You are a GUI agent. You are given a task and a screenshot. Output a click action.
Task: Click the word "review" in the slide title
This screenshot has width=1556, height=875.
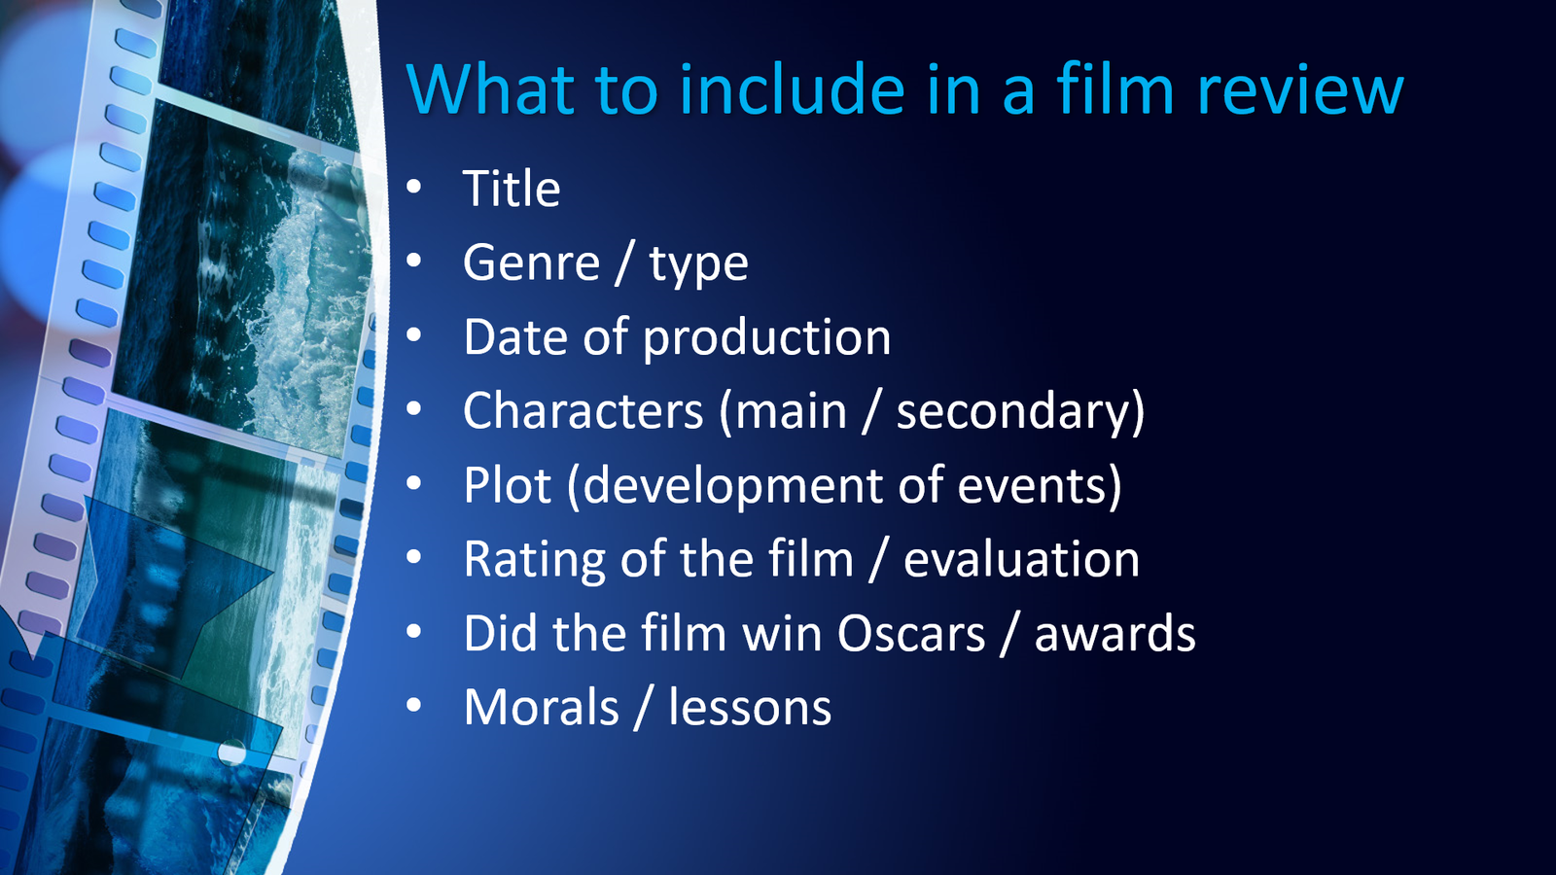(x=1300, y=90)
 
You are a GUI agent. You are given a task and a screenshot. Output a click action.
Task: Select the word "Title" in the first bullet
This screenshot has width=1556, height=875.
(x=512, y=189)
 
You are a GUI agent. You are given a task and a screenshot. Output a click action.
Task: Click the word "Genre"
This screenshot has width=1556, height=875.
(x=531, y=263)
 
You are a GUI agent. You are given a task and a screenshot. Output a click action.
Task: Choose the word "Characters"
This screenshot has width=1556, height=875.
(x=583, y=410)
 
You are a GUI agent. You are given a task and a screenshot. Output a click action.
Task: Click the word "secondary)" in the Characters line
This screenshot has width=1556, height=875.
(x=1020, y=412)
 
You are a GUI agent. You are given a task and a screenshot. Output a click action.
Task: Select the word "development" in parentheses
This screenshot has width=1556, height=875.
(x=725, y=487)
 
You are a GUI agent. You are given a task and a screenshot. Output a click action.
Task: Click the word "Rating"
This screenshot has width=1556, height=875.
(x=535, y=561)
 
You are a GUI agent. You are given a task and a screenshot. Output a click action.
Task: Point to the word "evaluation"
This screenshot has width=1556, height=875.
(x=1021, y=559)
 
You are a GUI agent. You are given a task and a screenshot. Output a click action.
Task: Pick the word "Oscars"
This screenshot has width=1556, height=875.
(x=911, y=633)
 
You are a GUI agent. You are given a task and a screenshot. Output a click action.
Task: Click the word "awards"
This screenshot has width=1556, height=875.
(x=1114, y=633)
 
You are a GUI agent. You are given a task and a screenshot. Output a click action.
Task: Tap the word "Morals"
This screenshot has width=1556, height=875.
(x=541, y=707)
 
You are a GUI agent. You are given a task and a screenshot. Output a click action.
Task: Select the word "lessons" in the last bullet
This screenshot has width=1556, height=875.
(x=750, y=707)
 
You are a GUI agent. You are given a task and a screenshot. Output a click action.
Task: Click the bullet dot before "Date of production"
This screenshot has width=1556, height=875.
(x=414, y=335)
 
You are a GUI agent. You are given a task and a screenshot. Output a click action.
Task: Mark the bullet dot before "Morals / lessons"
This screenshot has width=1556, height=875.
(x=414, y=706)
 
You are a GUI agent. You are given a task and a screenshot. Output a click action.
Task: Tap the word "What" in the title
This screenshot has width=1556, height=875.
(x=491, y=88)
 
